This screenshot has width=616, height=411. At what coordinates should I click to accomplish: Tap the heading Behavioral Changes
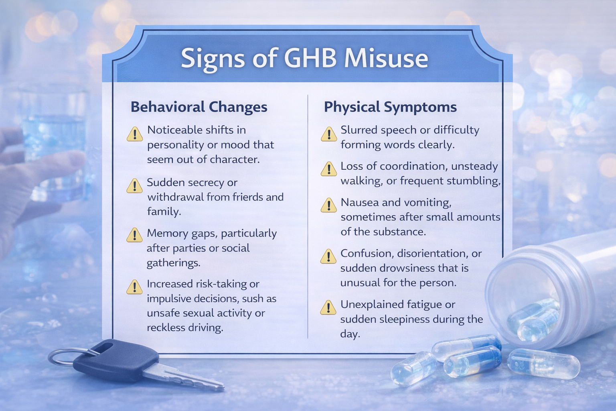[x=199, y=107]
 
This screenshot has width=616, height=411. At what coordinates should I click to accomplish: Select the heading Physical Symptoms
[x=390, y=107]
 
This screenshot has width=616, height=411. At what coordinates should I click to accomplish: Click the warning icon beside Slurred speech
[x=329, y=134]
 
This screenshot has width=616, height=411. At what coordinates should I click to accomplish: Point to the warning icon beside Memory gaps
[x=134, y=235]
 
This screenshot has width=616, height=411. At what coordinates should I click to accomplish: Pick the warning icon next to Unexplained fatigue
[x=328, y=308]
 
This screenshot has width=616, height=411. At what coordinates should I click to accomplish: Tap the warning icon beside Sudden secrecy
[x=134, y=186]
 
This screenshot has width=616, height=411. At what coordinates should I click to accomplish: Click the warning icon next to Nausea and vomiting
[x=329, y=205]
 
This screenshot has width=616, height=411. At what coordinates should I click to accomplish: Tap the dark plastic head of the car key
[x=116, y=360]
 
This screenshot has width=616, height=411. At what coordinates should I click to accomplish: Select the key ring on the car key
[x=64, y=356]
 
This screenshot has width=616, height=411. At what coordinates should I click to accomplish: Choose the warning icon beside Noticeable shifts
[x=135, y=134]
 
